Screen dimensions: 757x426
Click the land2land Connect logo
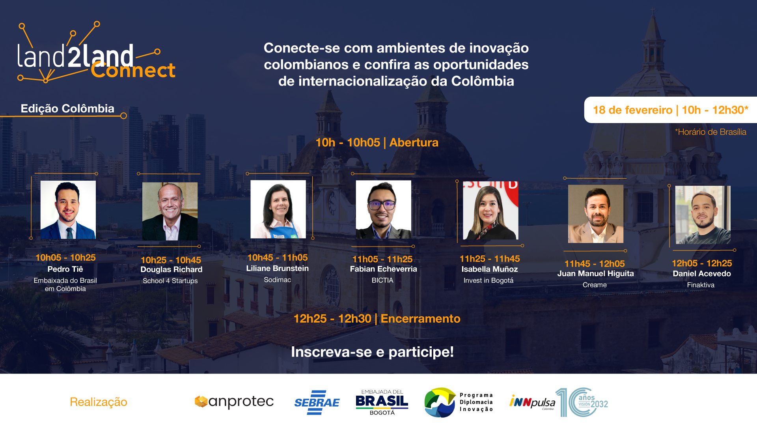(96, 53)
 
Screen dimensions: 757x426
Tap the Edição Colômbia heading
(67, 108)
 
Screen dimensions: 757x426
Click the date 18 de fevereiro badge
(670, 110)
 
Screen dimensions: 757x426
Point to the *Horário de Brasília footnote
(710, 132)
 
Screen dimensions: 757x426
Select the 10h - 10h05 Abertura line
(377, 142)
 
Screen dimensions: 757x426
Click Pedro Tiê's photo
(68, 210)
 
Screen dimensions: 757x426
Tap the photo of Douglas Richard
(170, 211)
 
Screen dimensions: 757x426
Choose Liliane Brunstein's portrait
(278, 209)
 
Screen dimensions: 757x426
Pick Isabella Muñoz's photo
(490, 210)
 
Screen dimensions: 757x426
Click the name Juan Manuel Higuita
(595, 273)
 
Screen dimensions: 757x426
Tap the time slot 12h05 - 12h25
(702, 263)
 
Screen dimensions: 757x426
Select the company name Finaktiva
(701, 285)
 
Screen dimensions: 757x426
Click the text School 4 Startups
(170, 281)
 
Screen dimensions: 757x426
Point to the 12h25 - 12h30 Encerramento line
(377, 318)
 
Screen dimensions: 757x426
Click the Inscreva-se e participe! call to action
(372, 352)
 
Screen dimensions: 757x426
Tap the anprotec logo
(234, 402)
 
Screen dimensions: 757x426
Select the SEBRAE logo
(317, 402)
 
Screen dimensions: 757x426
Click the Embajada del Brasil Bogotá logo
(382, 402)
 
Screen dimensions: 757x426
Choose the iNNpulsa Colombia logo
(532, 402)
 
